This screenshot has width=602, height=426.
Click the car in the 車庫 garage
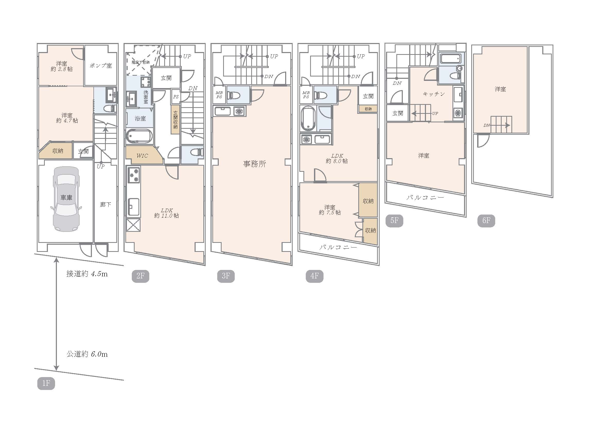coord(66,199)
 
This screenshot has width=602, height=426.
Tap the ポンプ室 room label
coord(101,66)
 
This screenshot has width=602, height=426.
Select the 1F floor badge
coord(46,384)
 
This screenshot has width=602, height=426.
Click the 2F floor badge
coord(140,276)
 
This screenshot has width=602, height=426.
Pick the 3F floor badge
coord(226,276)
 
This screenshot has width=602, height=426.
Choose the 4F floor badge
coord(314,276)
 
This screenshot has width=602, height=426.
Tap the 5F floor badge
coord(394,221)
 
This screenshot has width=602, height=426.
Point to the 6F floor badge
coord(486,221)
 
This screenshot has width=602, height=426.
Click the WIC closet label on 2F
coord(142,156)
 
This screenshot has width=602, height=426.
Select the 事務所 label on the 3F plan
coord(255,164)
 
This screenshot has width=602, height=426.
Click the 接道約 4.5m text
coord(87,274)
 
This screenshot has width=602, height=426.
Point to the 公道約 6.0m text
coord(87,354)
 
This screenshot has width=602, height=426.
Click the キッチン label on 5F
coord(434,94)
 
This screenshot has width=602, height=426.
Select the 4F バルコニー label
coord(338,247)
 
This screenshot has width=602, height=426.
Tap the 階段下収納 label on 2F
coord(141,62)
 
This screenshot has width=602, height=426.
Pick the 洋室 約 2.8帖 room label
coord(62,66)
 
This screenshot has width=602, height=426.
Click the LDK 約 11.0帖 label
coord(167,213)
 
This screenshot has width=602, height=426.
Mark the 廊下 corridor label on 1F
coord(106,204)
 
